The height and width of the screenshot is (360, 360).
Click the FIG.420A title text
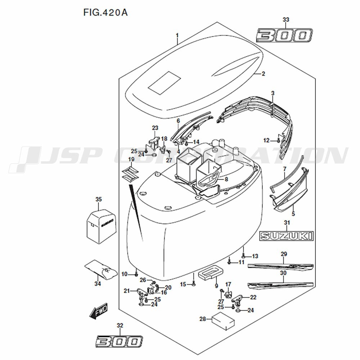click(105, 13)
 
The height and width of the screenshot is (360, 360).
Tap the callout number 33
click(285, 20)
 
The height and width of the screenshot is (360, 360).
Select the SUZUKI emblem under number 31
click(287, 236)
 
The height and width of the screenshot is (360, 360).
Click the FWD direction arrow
click(99, 311)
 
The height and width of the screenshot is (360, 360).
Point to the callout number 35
click(98, 199)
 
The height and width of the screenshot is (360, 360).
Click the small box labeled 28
click(222, 320)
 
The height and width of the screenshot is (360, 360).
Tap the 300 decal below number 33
click(284, 36)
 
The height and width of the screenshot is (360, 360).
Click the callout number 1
click(177, 35)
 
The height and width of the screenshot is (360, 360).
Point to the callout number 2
click(263, 74)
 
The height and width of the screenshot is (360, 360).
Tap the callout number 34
click(98, 284)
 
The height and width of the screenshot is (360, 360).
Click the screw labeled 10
click(136, 274)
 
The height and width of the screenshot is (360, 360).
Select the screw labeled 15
click(194, 284)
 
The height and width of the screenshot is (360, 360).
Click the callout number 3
click(273, 93)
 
